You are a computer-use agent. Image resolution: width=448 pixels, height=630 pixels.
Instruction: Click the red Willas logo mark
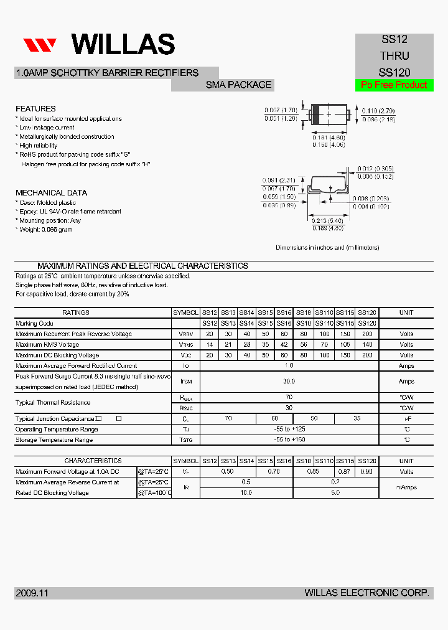40,45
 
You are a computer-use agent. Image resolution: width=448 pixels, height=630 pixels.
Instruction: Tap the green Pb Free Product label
394,85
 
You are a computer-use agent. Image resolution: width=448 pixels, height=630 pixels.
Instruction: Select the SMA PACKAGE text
239,85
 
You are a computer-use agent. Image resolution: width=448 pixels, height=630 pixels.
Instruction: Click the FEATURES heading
35,108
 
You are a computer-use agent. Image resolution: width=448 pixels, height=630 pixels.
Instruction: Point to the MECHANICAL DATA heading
51,193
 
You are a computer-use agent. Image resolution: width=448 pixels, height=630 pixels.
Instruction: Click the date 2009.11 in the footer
32,593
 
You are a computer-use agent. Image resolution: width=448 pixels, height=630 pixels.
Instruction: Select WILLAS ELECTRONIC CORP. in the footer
366,593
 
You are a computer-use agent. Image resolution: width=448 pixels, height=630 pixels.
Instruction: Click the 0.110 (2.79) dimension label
378,111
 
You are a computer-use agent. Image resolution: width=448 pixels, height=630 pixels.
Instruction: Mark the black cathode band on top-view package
315,115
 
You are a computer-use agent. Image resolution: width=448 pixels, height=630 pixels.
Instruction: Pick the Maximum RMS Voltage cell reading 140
367,344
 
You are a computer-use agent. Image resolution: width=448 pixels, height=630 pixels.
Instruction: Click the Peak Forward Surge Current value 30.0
289,381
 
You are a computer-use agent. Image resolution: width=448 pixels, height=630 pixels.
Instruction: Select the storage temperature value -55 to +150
289,440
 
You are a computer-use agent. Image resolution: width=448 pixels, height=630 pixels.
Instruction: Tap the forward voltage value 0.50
228,471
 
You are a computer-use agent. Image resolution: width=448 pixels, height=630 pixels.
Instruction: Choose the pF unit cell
406,419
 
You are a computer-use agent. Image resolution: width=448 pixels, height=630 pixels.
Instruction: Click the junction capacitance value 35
357,419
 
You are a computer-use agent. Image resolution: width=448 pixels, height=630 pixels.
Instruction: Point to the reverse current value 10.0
246,492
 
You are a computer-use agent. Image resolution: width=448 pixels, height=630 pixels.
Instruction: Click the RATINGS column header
76,313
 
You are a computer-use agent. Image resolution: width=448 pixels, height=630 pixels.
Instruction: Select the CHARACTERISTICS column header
93,461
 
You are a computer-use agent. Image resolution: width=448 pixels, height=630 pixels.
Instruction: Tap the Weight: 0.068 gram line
45,230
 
